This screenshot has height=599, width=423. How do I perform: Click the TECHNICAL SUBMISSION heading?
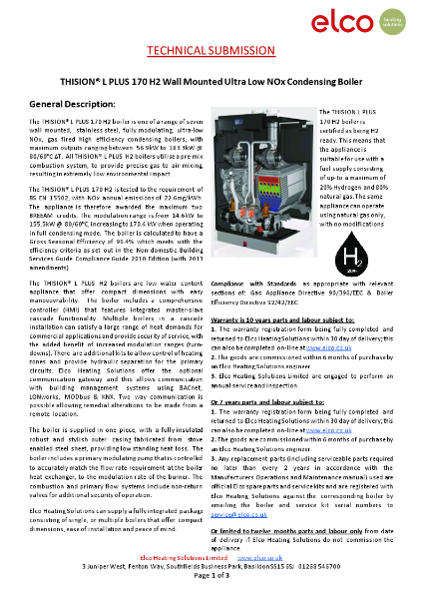pos(211,51)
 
